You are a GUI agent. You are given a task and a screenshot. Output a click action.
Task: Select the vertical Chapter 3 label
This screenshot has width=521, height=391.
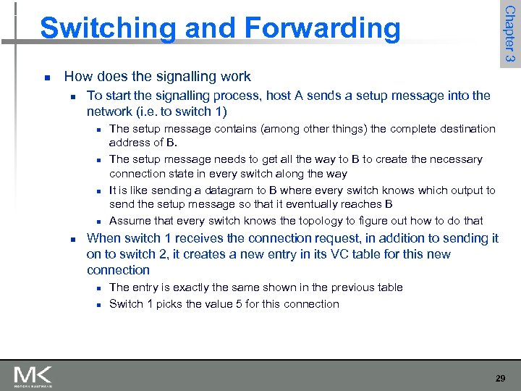(x=509, y=34)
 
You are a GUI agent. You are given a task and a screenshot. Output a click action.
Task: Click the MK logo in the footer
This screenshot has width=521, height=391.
(x=33, y=377)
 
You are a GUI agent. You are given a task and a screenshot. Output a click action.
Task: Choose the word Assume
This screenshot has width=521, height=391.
(x=129, y=221)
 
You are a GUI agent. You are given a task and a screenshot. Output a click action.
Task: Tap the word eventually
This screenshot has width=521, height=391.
(x=308, y=204)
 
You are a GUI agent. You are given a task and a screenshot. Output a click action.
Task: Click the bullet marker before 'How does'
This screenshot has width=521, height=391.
(x=46, y=77)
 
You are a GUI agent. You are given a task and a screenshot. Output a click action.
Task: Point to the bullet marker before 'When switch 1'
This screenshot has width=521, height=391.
(x=69, y=239)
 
